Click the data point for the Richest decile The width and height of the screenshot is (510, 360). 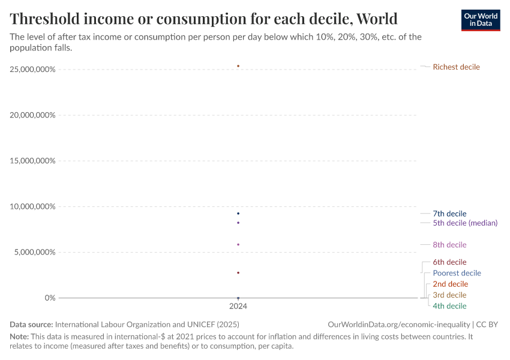[x=238, y=66]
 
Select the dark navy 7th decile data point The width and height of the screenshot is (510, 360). [x=238, y=214]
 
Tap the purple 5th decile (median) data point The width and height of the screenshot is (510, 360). [x=238, y=223]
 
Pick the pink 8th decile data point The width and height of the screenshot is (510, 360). [x=238, y=244]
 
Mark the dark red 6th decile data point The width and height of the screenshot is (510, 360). [x=238, y=273]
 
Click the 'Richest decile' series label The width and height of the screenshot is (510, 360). [x=456, y=67]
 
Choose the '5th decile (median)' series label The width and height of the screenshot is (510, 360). [x=465, y=223]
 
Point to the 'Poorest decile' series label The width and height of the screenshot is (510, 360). [x=457, y=273]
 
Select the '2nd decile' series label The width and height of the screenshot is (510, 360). [x=450, y=284]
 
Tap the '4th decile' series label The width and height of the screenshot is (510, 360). [x=449, y=306]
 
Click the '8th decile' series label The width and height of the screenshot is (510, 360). [x=449, y=245]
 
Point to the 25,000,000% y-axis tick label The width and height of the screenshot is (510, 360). [x=32, y=70]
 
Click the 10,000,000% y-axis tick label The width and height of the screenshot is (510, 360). [x=32, y=206]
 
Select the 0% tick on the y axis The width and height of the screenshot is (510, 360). [x=49, y=298]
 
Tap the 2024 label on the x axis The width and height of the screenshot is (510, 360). [x=238, y=306]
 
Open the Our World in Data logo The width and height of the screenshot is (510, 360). [x=480, y=20]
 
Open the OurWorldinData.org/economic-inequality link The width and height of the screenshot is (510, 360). [x=399, y=324]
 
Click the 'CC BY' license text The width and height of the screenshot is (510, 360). [x=487, y=324]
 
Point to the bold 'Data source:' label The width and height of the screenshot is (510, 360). [x=32, y=324]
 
